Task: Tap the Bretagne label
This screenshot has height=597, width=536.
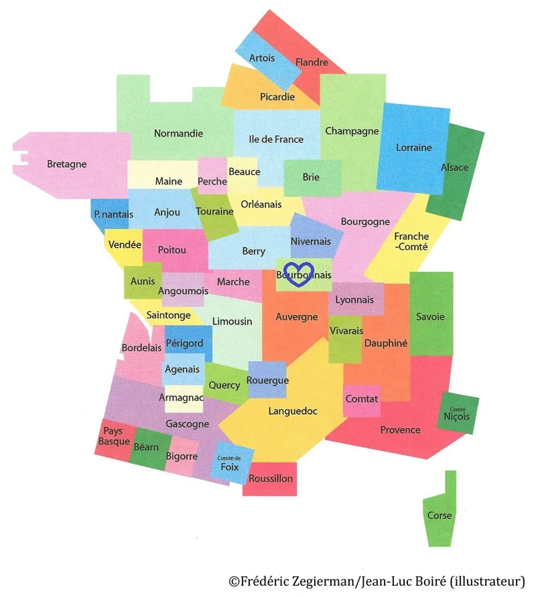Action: tap(66, 163)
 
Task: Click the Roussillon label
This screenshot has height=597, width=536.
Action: tap(271, 478)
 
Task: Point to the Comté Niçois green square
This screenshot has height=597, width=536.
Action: tap(458, 413)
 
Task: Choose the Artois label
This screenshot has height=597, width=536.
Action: tap(262, 58)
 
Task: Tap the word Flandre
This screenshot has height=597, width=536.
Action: tap(312, 62)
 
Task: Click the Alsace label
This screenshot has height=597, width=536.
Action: tap(454, 167)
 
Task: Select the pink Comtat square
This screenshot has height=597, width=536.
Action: tap(362, 399)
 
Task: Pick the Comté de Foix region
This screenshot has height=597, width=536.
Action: tap(228, 464)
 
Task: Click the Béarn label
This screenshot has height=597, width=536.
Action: tap(146, 446)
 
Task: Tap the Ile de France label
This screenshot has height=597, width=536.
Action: tap(276, 139)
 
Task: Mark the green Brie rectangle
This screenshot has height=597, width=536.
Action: tap(311, 178)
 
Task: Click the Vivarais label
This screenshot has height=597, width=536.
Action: tap(346, 331)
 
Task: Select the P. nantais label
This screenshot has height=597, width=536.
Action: tap(113, 214)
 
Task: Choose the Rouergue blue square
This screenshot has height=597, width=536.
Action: tap(267, 381)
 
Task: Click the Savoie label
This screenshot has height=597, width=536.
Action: tap(430, 317)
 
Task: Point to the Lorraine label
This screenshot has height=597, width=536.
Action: tap(413, 147)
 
